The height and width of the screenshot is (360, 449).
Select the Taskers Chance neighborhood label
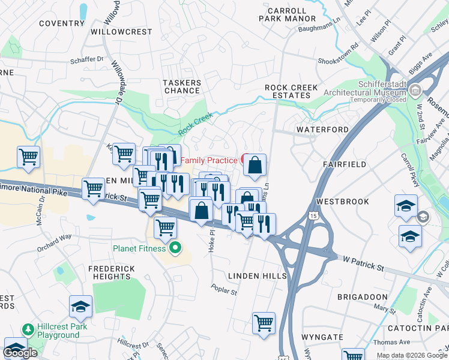(182, 86)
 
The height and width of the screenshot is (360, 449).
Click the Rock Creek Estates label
(292, 91)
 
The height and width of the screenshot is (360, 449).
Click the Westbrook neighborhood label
(343, 202)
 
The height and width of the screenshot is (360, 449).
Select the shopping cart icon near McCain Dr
(28, 157)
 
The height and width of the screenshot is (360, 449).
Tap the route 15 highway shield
(313, 215)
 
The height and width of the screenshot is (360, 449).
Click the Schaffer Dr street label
(87, 59)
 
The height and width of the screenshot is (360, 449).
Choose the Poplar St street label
(224, 290)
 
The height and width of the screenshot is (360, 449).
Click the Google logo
(20, 353)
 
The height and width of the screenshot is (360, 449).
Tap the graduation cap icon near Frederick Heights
(80, 307)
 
